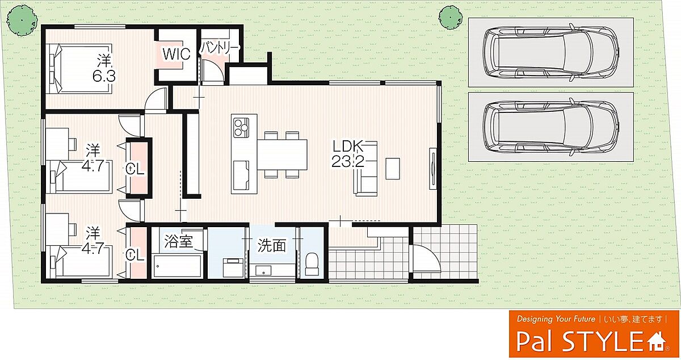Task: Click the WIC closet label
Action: (176, 54)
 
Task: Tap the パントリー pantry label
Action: (220, 48)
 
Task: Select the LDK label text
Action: (348, 146)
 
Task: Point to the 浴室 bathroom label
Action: (178, 242)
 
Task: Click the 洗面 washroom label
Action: (272, 245)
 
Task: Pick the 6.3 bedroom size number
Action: (104, 77)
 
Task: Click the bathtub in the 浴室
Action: (178, 266)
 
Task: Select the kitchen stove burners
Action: (241, 127)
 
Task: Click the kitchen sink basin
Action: (241, 175)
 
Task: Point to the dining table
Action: (283, 154)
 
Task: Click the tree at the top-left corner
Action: (22, 21)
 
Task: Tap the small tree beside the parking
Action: (449, 18)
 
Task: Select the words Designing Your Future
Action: (556, 319)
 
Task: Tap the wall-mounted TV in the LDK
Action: (433, 169)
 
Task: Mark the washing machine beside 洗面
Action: (233, 268)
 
